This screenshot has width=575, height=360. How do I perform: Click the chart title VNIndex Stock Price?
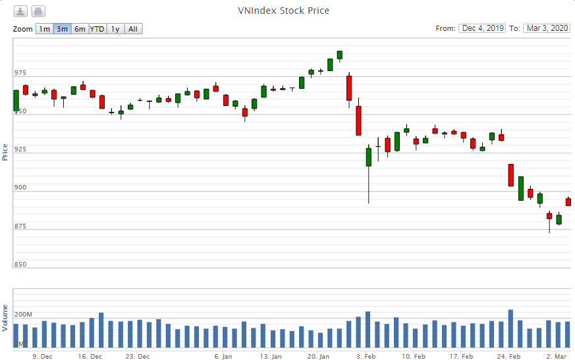click(x=283, y=11)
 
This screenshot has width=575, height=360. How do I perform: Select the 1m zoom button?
click(x=43, y=29)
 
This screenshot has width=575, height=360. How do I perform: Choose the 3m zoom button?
click(x=62, y=29)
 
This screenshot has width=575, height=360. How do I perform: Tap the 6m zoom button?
click(x=79, y=29)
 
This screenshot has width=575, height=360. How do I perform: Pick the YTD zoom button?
click(x=97, y=29)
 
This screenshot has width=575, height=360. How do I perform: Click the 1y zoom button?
click(x=115, y=29)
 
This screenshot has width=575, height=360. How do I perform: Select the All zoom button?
click(x=133, y=29)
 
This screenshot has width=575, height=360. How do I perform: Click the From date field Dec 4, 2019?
click(x=483, y=28)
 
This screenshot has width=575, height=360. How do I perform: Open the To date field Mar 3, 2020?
click(x=546, y=28)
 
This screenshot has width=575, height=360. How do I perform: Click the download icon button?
click(x=21, y=11)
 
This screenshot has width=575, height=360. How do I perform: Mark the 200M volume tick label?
click(x=23, y=314)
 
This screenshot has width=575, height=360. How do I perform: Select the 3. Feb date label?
click(x=366, y=356)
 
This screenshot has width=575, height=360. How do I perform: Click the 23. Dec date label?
click(x=137, y=356)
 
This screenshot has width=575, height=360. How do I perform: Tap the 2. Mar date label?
click(x=557, y=356)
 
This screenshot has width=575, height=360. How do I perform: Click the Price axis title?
click(x=5, y=152)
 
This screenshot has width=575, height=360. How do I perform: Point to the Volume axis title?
click(x=5, y=317)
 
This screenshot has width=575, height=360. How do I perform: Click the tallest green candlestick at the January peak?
click(x=340, y=55)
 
